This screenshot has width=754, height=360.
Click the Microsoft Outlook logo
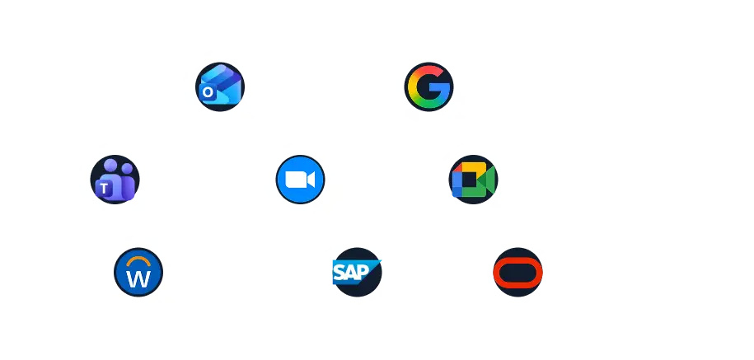pyautogui.click(x=220, y=86)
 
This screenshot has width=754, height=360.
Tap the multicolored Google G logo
pyautogui.click(x=429, y=86)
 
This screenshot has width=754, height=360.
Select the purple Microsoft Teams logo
pyautogui.click(x=115, y=179)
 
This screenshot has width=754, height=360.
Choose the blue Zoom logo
pyautogui.click(x=300, y=179)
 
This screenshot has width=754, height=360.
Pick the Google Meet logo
pyautogui.click(x=473, y=180)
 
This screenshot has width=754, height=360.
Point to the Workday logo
pyautogui.click(x=138, y=272)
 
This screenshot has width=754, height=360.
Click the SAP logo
pyautogui.click(x=357, y=272)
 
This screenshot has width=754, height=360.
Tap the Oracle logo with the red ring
pyautogui.click(x=517, y=272)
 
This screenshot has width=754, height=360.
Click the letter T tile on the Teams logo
pyautogui.click(x=104, y=189)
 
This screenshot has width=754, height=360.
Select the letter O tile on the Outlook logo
pyautogui.click(x=208, y=93)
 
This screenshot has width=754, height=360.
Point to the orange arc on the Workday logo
pyautogui.click(x=138, y=258)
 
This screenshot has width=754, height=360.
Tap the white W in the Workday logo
pyautogui.click(x=138, y=278)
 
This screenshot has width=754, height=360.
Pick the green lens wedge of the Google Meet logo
pyautogui.click(x=488, y=180)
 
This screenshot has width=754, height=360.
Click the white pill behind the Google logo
pyautogui.click(x=511, y=86)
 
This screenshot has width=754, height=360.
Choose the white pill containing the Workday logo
pyautogui.click(x=231, y=272)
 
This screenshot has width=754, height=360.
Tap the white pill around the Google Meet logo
pyautogui.click(x=585, y=179)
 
